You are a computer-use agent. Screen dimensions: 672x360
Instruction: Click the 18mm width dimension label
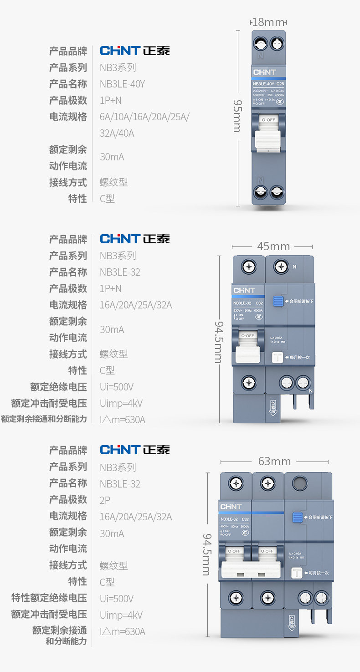click(x=268, y=21)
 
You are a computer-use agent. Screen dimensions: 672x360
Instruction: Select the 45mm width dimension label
click(x=273, y=246)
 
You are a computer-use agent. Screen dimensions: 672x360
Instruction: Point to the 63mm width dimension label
click(x=274, y=462)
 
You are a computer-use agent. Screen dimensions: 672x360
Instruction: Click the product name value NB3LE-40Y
click(x=122, y=84)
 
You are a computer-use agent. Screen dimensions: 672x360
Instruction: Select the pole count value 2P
click(x=105, y=500)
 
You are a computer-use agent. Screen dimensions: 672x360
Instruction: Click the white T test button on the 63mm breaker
click(x=297, y=573)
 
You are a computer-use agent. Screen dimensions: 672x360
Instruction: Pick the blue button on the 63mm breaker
click(x=298, y=517)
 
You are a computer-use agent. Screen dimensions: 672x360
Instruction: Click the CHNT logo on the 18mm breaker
click(x=265, y=72)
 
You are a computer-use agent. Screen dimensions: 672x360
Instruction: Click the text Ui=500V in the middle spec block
click(x=117, y=387)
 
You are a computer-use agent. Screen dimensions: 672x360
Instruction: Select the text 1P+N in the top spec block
click(x=111, y=100)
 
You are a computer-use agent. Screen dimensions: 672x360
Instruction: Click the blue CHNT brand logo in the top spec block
click(x=120, y=50)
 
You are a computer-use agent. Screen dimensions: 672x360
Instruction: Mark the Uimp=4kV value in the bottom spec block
click(x=121, y=615)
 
